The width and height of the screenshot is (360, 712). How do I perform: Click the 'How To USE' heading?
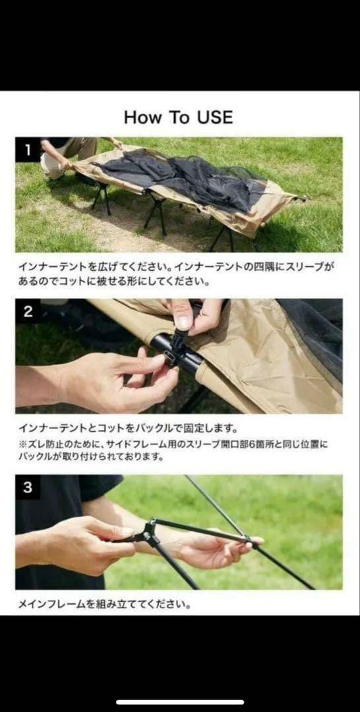pyautogui.click(x=178, y=117)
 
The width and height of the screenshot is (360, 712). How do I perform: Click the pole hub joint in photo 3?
pyautogui.click(x=149, y=529)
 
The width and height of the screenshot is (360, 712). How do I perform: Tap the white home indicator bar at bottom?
pyautogui.click(x=180, y=702)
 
